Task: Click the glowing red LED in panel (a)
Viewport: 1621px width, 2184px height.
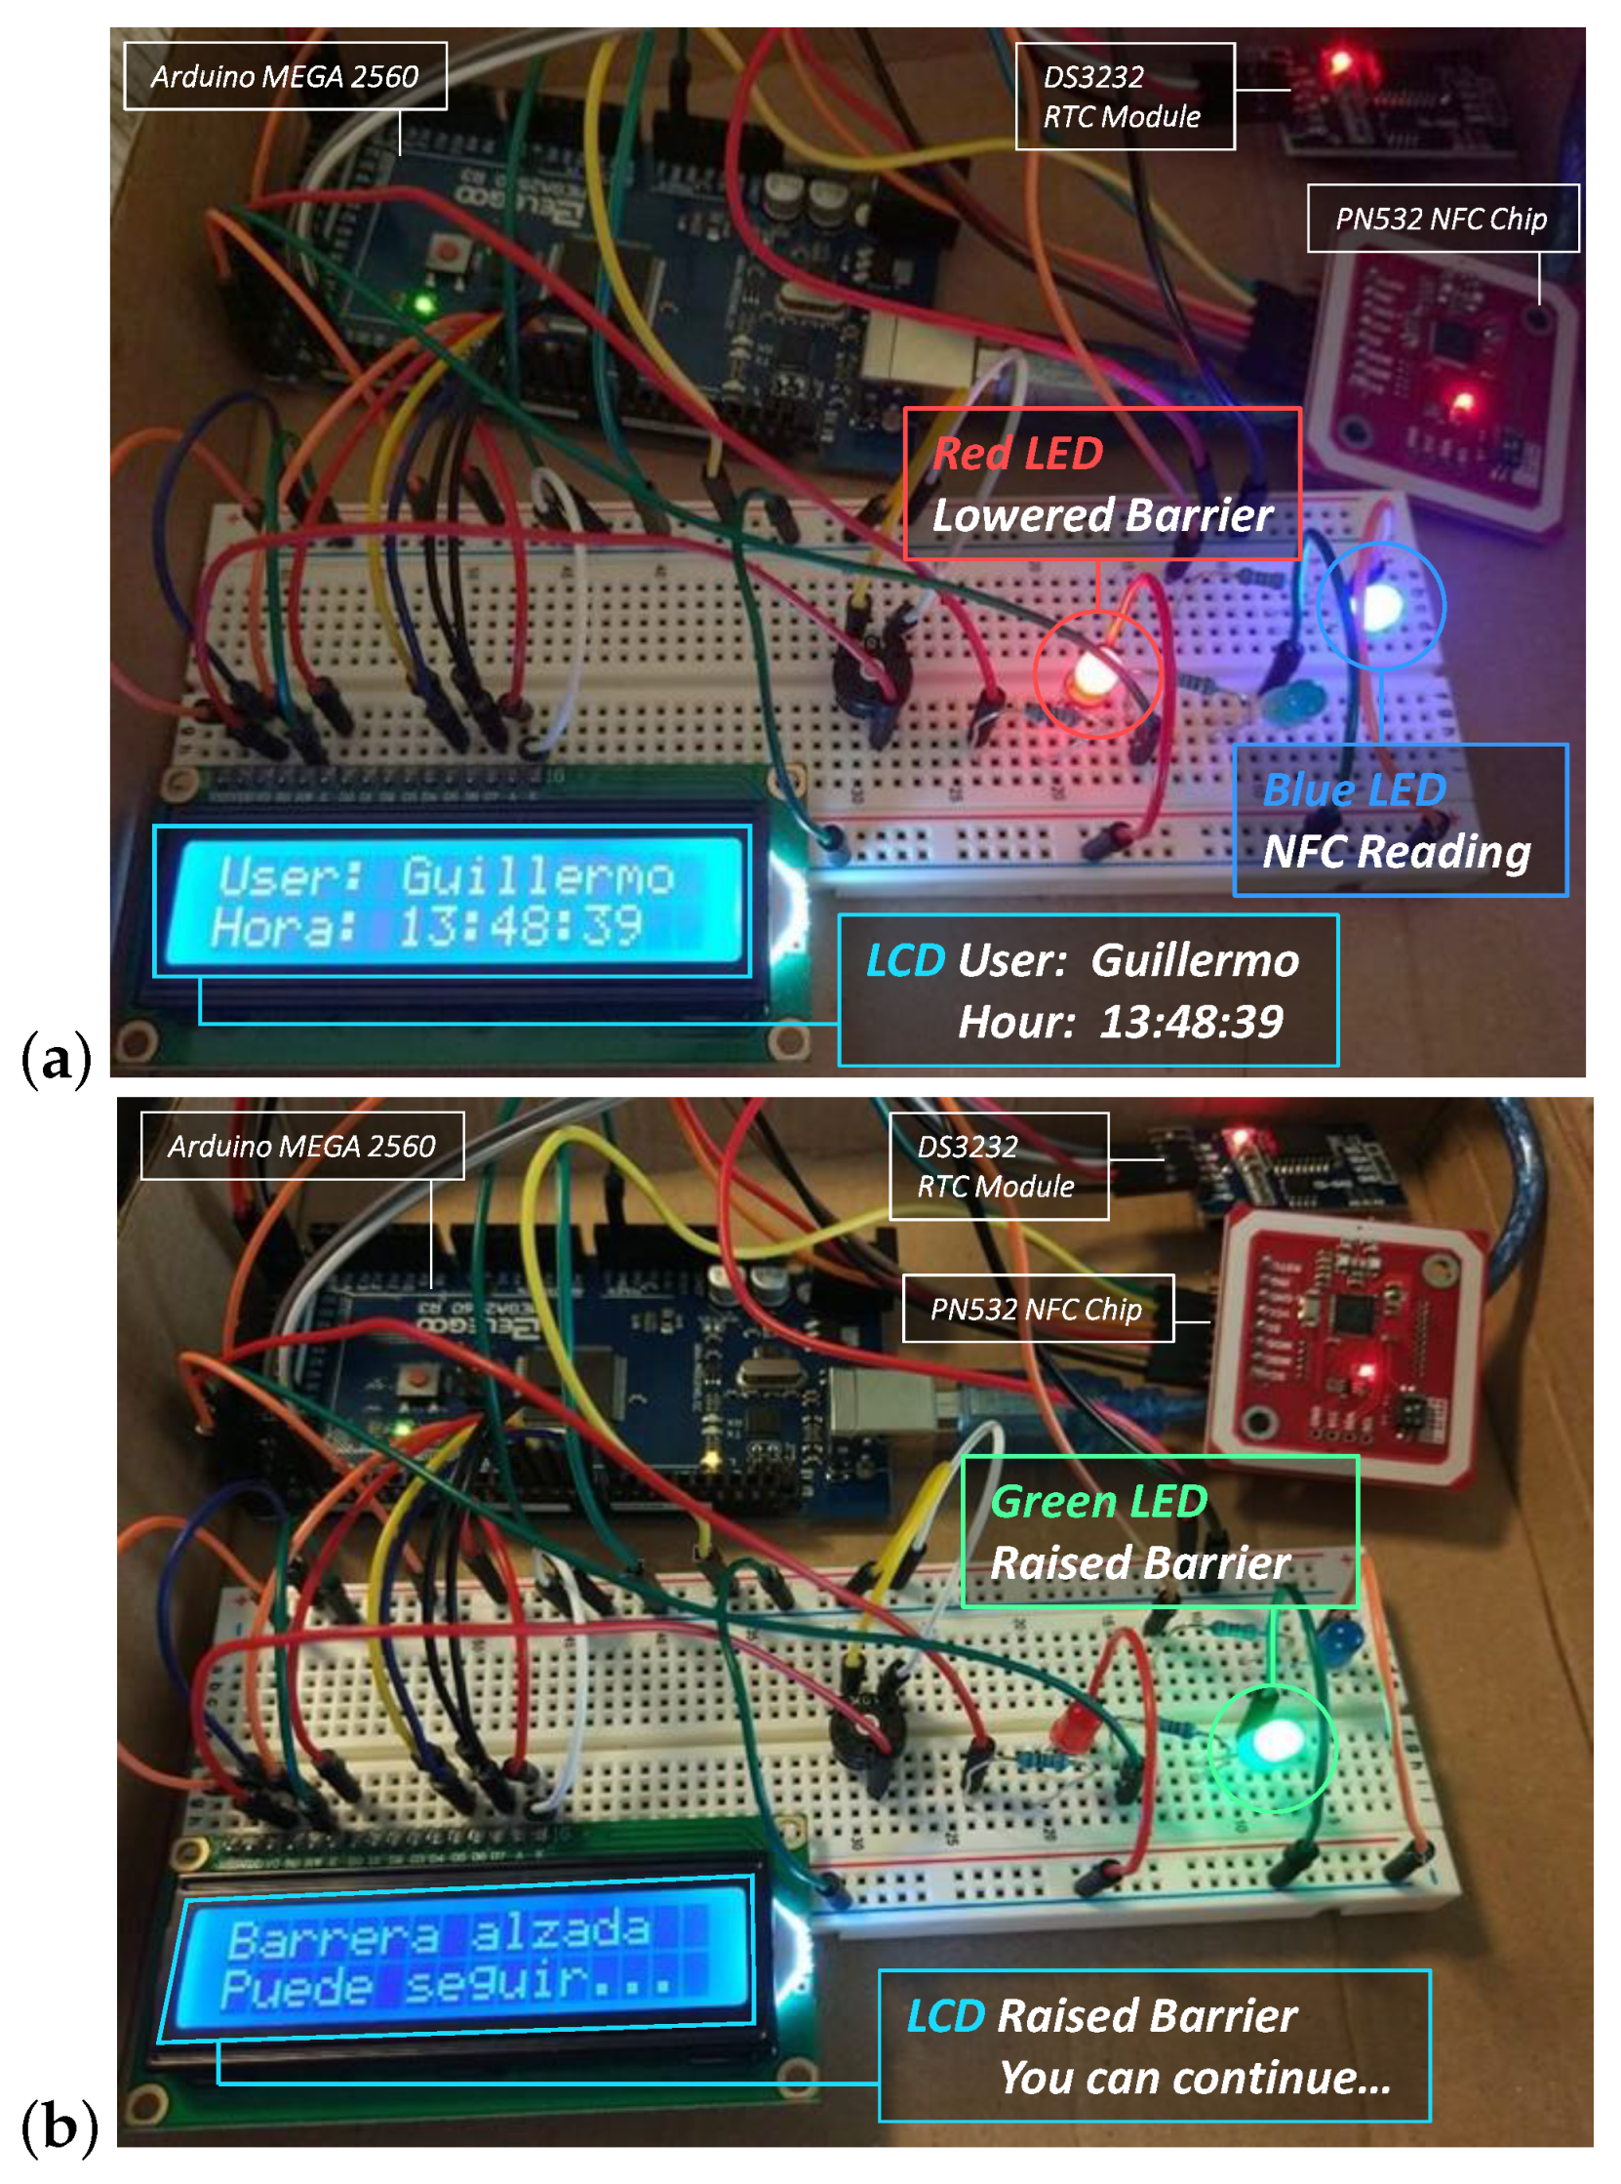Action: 1092,674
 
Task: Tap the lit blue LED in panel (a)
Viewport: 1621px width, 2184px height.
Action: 1381,607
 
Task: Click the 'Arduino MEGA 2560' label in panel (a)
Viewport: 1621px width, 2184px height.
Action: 285,76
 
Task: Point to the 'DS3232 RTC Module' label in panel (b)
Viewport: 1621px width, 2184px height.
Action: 998,1166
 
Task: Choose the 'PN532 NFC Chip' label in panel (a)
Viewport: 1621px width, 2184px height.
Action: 1442,219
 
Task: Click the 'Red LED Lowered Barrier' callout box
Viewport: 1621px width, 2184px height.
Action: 1102,484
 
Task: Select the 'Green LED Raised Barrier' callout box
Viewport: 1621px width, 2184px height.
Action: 1159,1531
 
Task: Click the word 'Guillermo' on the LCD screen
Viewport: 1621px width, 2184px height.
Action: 537,875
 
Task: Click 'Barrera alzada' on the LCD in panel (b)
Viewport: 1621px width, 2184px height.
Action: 439,1934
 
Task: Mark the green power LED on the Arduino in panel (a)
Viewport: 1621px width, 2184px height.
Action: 424,304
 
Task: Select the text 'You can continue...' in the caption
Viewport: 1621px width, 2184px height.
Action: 1195,2078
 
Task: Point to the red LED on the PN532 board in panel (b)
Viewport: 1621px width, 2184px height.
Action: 1363,1370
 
